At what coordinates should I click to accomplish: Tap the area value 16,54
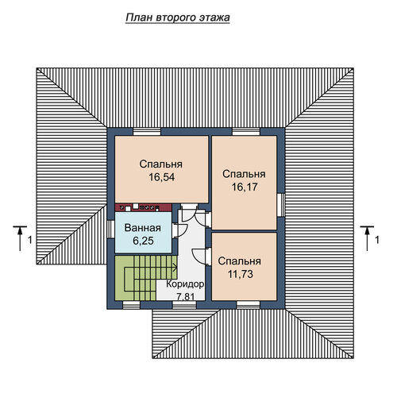tap(161, 177)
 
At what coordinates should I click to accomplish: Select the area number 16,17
tap(245, 187)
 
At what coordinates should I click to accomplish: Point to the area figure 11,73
tap(241, 274)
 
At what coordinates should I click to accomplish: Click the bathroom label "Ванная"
tap(143, 228)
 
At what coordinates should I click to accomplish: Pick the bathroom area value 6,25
tap(143, 241)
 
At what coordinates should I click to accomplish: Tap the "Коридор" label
tap(185, 284)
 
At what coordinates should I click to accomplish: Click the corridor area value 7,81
tap(186, 296)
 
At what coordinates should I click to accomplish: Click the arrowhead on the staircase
tap(175, 268)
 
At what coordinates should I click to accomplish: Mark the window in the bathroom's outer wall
tap(110, 230)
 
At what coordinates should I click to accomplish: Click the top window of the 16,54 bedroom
tap(147, 132)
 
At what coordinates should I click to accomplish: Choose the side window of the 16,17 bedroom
tap(281, 205)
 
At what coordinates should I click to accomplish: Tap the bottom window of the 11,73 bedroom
tap(248, 305)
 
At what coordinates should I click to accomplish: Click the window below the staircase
tap(132, 305)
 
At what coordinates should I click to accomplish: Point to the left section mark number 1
tap(30, 240)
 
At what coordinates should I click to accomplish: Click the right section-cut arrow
tap(367, 238)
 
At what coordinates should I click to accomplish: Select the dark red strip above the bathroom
tap(143, 207)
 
